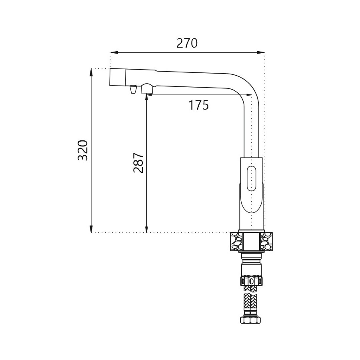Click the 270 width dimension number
187,43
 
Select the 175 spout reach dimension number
198,105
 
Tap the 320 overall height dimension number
83,150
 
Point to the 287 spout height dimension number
138,162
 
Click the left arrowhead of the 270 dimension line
114,52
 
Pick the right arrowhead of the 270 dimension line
261,52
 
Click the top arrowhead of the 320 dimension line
91,72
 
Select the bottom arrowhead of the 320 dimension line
91,229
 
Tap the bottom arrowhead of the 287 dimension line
146,229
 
